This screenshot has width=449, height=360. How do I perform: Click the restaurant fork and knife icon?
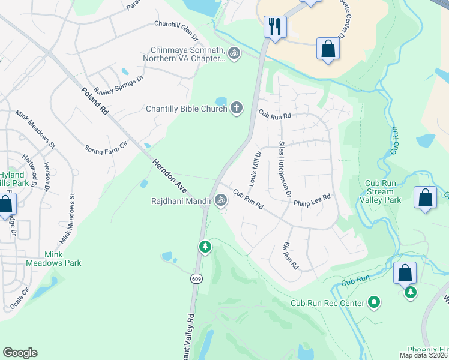coord(275,26)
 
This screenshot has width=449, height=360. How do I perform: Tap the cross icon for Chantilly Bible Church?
coord(237,108)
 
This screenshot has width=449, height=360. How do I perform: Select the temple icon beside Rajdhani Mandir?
coord(221,200)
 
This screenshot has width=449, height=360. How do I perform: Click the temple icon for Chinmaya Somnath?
coord(234,53)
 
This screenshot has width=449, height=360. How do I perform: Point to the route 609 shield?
coord(196,278)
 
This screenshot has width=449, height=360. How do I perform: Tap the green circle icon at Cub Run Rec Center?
coord(375,302)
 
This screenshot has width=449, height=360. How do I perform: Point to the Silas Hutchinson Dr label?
coord(285,169)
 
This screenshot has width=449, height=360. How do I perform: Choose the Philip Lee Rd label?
coord(312,200)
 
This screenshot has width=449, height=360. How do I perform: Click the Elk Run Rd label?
coord(291,256)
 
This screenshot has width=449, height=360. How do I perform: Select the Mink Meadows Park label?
coord(53,258)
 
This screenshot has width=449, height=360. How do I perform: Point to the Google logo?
coord(20,353)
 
